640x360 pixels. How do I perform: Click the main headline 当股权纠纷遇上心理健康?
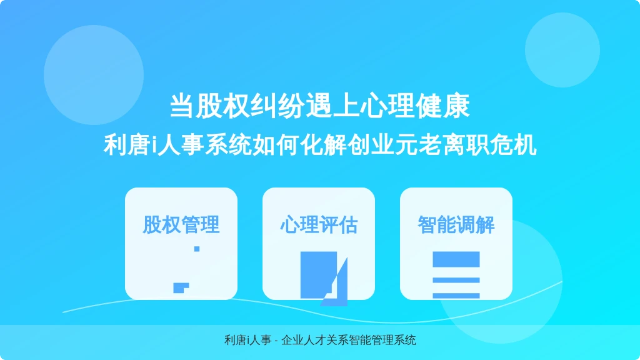tap(319, 106)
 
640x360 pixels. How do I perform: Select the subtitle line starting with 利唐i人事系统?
tap(320, 145)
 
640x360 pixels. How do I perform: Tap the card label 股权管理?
tap(181, 224)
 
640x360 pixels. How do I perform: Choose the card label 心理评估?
tap(319, 224)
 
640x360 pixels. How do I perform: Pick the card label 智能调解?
tap(456, 224)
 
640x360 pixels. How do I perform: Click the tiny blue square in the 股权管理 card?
tap(197, 249)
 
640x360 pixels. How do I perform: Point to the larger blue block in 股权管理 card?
tap(180, 287)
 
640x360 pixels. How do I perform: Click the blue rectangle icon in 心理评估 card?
tap(318, 275)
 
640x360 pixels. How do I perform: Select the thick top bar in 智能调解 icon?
tap(456, 259)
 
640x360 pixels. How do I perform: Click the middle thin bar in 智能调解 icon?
tap(456, 280)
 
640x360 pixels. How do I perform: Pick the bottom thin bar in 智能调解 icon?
tap(456, 296)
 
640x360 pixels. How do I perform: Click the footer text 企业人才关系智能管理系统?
tap(349, 340)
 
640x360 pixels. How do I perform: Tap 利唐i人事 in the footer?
tap(247, 340)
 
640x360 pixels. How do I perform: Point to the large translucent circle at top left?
tap(94, 75)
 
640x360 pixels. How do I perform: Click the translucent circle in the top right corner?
tap(562, 50)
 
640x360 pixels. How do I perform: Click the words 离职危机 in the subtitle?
tap(489, 145)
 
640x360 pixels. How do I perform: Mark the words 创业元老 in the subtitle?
tap(395, 145)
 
